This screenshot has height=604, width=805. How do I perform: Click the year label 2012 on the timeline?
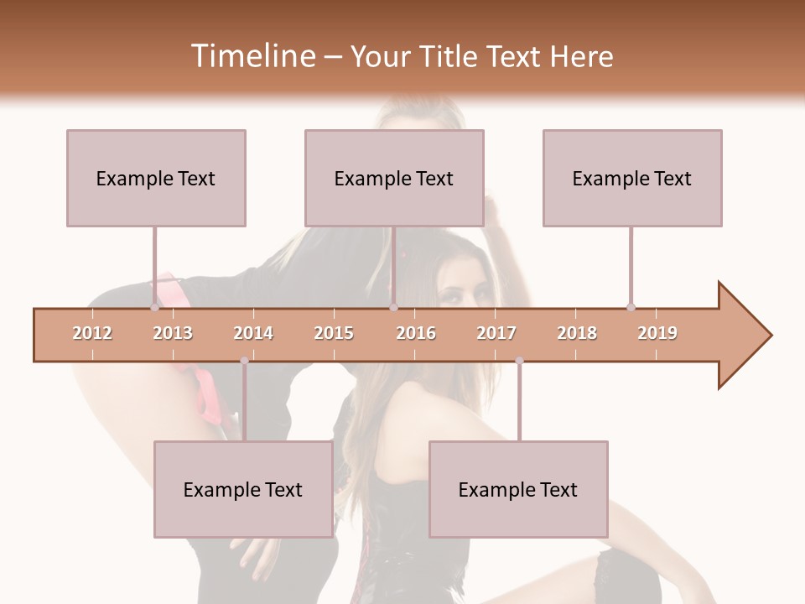pyautogui.click(x=92, y=333)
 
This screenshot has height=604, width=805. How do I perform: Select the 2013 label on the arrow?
pyautogui.click(x=173, y=333)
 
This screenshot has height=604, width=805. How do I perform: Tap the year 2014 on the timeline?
pyautogui.click(x=253, y=333)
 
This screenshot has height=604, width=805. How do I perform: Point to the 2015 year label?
pyautogui.click(x=334, y=333)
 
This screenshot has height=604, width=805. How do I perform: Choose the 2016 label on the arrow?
pyautogui.click(x=416, y=333)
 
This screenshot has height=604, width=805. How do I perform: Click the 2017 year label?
pyautogui.click(x=496, y=333)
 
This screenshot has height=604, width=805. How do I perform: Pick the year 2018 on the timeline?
pyautogui.click(x=577, y=333)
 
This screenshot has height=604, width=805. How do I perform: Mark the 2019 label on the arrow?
pyautogui.click(x=657, y=333)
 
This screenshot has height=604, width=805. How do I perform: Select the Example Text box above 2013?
pyautogui.click(x=156, y=178)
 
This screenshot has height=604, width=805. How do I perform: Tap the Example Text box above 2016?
pyautogui.click(x=394, y=178)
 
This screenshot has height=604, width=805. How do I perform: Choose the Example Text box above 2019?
pyautogui.click(x=632, y=178)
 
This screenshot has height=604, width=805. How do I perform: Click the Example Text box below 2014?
pyautogui.click(x=243, y=489)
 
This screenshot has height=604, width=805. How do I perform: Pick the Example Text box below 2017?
pyautogui.click(x=518, y=489)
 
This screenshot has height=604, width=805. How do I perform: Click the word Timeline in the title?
pyautogui.click(x=252, y=56)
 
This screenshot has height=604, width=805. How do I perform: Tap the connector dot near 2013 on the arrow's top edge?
pyautogui.click(x=154, y=307)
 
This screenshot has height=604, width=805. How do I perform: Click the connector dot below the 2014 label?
pyautogui.click(x=244, y=361)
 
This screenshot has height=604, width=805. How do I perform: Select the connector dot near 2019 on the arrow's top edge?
pyautogui.click(x=631, y=307)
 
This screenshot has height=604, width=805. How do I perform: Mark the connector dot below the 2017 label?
pyautogui.click(x=519, y=361)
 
